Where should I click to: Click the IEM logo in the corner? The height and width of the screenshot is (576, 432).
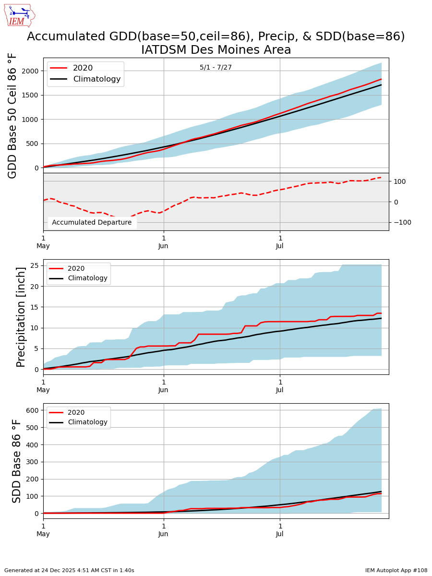19,15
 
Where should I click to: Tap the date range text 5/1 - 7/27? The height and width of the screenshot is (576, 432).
216,67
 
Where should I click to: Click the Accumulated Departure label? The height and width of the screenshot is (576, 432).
92,222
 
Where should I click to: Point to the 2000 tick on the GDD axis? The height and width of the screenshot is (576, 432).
29,71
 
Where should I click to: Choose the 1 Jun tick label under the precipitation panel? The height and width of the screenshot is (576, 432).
163,386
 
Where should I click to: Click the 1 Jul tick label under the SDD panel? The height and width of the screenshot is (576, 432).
279,530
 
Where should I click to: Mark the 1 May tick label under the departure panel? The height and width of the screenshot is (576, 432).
43,242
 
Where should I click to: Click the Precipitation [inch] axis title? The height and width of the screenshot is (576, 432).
21,317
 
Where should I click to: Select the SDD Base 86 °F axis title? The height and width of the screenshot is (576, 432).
17,461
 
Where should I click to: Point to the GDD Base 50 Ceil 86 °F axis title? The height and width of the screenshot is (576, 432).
13,116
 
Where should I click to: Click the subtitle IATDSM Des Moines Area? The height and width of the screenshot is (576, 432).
216,50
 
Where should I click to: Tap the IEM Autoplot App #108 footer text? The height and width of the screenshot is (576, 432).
396,570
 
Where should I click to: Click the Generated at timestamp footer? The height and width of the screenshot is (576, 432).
69,570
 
